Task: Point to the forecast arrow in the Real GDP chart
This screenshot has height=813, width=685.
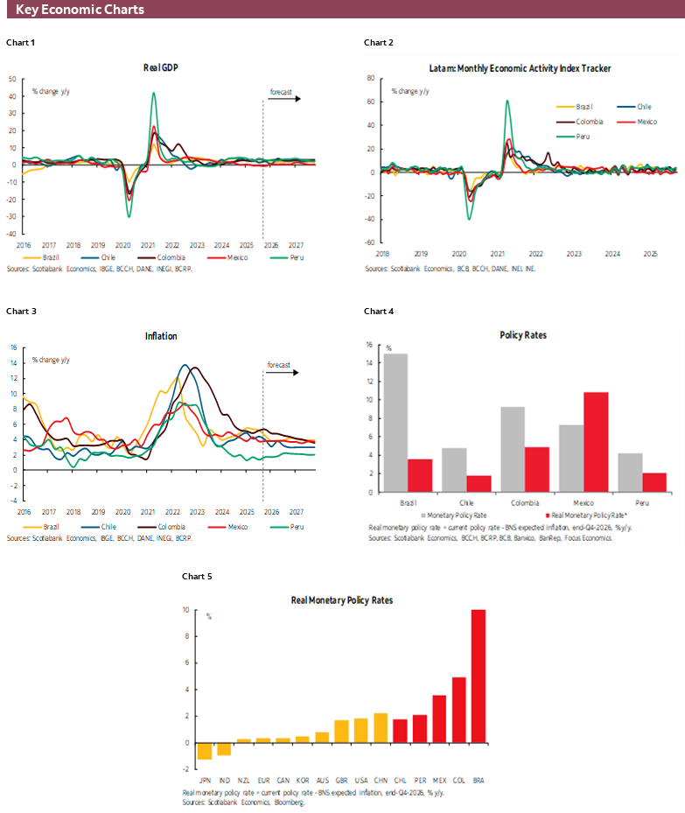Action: click(283, 98)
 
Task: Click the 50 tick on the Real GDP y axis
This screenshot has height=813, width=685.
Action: click(12, 78)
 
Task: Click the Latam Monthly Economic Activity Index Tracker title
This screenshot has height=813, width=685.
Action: click(520, 67)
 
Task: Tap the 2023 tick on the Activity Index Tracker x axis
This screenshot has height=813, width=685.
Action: click(573, 254)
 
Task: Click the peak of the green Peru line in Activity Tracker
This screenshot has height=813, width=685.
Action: click(507, 101)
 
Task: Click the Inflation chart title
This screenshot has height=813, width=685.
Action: click(161, 336)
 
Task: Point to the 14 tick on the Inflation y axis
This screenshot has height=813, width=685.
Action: click(13, 362)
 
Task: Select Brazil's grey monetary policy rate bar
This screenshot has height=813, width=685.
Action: click(395, 423)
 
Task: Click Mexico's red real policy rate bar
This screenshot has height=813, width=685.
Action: click(595, 442)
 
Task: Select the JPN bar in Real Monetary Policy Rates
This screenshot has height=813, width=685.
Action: click(204, 751)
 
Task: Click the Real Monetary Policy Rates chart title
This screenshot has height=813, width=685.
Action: click(341, 600)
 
